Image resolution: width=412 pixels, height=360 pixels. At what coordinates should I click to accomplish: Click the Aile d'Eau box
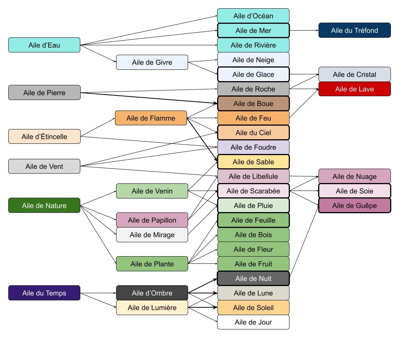[44, 45]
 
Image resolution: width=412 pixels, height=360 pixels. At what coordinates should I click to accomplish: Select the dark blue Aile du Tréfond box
[354, 31]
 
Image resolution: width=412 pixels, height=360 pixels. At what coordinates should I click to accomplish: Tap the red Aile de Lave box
[354, 89]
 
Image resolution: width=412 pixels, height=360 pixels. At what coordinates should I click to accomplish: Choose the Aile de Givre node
[152, 63]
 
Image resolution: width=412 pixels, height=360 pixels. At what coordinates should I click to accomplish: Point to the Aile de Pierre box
[44, 93]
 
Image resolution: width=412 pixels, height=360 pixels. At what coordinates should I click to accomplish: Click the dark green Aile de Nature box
[44, 206]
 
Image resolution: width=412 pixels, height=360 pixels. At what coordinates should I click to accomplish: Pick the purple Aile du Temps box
[44, 293]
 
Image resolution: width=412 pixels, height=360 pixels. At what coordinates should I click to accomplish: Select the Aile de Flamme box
[151, 118]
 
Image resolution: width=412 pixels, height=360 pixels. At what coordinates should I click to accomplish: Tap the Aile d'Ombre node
[152, 293]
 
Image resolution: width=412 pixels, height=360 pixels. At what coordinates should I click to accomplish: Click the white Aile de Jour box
[253, 322]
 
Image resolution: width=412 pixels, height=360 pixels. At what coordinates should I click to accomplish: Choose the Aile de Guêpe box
[354, 206]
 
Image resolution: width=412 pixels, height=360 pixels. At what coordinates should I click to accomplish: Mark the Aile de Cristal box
[354, 75]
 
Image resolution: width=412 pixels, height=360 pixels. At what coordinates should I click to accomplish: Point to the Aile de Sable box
[253, 162]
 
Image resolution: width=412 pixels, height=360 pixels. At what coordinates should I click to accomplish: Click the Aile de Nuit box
[253, 278]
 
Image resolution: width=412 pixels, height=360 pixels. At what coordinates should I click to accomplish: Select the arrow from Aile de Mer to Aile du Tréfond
[304, 31]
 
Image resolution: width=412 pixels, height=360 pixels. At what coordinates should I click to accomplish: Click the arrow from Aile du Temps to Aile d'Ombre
[98, 293]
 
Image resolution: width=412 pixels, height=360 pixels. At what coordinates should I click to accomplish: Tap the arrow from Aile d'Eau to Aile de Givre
[98, 54]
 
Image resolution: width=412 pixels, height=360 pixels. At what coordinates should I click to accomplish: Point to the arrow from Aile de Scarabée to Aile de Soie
[304, 191]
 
